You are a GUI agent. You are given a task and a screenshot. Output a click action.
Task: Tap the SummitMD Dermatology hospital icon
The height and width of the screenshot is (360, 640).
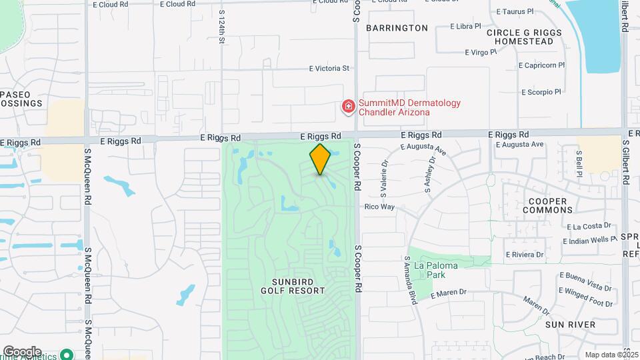(347, 107)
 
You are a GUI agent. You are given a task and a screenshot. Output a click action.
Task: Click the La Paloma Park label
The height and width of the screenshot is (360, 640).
(436, 270)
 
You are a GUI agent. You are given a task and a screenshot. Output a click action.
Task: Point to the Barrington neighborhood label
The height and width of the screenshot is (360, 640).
(397, 28)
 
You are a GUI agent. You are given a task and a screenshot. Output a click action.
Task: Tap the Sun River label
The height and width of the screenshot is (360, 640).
(570, 324)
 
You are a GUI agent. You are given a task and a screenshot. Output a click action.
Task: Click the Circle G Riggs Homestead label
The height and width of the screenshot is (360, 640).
(520, 37)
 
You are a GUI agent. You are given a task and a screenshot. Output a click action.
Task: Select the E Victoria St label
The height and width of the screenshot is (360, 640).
(329, 68)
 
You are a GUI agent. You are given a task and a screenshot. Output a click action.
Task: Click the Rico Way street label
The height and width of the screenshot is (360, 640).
(379, 207)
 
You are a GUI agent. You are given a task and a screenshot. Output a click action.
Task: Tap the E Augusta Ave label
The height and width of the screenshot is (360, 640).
(520, 144)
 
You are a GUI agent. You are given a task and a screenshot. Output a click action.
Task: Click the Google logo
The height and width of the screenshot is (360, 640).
(22, 351)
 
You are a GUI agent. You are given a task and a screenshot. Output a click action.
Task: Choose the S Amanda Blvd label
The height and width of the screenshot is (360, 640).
(410, 280)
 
